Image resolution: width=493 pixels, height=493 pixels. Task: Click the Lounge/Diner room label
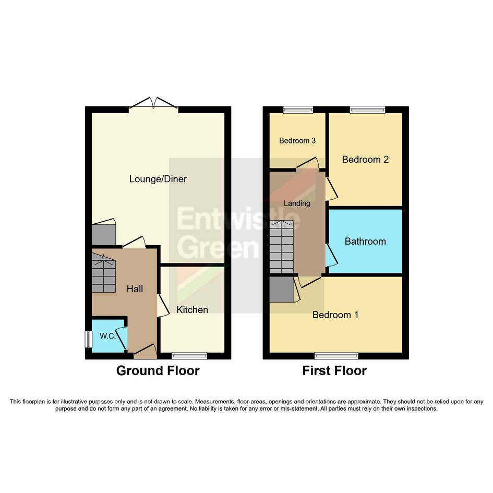click(x=158, y=179)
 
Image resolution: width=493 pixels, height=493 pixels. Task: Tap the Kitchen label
click(x=192, y=310)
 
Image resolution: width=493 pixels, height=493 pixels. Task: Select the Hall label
click(x=135, y=288)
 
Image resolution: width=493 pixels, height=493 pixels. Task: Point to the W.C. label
click(x=108, y=336)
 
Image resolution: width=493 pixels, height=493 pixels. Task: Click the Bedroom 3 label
click(x=297, y=140)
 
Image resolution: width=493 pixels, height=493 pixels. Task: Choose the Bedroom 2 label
click(x=365, y=160)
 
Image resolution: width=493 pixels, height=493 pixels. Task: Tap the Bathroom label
click(x=365, y=241)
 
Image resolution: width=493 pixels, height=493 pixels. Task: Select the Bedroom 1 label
click(x=335, y=315)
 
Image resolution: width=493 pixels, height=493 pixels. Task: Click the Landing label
click(x=297, y=203)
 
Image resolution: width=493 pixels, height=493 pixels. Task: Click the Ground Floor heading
click(x=158, y=371)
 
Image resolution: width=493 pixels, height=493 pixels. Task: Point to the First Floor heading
click(x=334, y=371)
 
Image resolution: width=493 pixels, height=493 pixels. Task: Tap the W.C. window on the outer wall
click(x=88, y=339)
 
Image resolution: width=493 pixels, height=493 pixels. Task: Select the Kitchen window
click(x=189, y=356)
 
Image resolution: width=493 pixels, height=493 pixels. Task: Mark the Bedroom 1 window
click(x=336, y=356)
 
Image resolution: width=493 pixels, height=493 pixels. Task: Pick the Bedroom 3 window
click(x=298, y=110)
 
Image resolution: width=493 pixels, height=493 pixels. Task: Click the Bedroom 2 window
click(x=368, y=110)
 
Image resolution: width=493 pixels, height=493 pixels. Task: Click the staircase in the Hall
click(x=103, y=273)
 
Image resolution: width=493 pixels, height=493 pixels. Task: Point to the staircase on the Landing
click(x=281, y=247)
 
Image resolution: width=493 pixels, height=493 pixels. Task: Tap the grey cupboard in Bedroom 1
click(x=281, y=289)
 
